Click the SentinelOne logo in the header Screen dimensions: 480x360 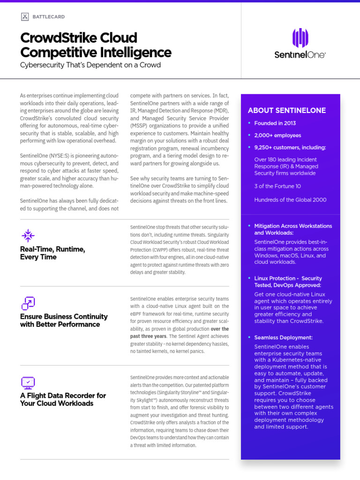[x=300, y=44]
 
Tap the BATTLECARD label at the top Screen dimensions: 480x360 [x=49, y=17]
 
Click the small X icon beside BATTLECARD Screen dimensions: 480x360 [x=25, y=17]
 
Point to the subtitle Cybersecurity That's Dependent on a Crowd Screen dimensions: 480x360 [x=90, y=65]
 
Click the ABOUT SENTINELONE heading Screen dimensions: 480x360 [x=286, y=111]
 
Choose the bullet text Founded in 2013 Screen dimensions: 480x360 [x=275, y=123]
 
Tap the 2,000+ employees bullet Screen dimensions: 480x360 [x=277, y=135]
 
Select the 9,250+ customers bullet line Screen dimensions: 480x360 [x=290, y=148]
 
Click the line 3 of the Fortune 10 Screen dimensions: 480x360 [x=277, y=186]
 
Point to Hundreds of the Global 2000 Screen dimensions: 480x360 [x=290, y=200]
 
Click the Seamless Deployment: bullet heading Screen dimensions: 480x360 [x=283, y=337]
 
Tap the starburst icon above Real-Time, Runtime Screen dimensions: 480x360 [x=28, y=235]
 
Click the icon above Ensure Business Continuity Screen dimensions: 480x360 [x=28, y=303]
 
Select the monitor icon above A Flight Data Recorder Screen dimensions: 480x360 [x=28, y=382]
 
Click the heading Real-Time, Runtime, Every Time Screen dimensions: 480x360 [x=52, y=253]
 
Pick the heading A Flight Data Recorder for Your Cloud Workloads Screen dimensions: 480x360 [x=63, y=399]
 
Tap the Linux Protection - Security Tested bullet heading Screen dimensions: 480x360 [x=288, y=282]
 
